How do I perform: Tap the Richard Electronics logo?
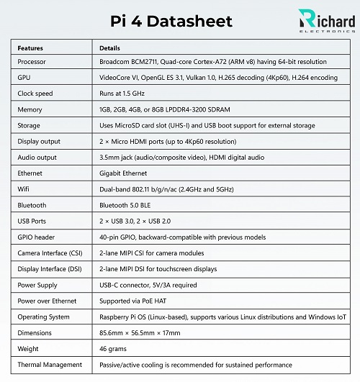click(325, 22)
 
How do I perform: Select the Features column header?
click(30, 48)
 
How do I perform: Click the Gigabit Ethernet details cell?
click(123, 173)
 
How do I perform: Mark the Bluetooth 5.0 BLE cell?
click(126, 205)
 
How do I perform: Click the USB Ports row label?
click(34, 221)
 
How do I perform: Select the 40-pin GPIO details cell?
click(182, 237)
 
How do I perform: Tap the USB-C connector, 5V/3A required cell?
click(147, 285)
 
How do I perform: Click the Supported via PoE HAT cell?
click(135, 301)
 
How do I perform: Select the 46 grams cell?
click(113, 349)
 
